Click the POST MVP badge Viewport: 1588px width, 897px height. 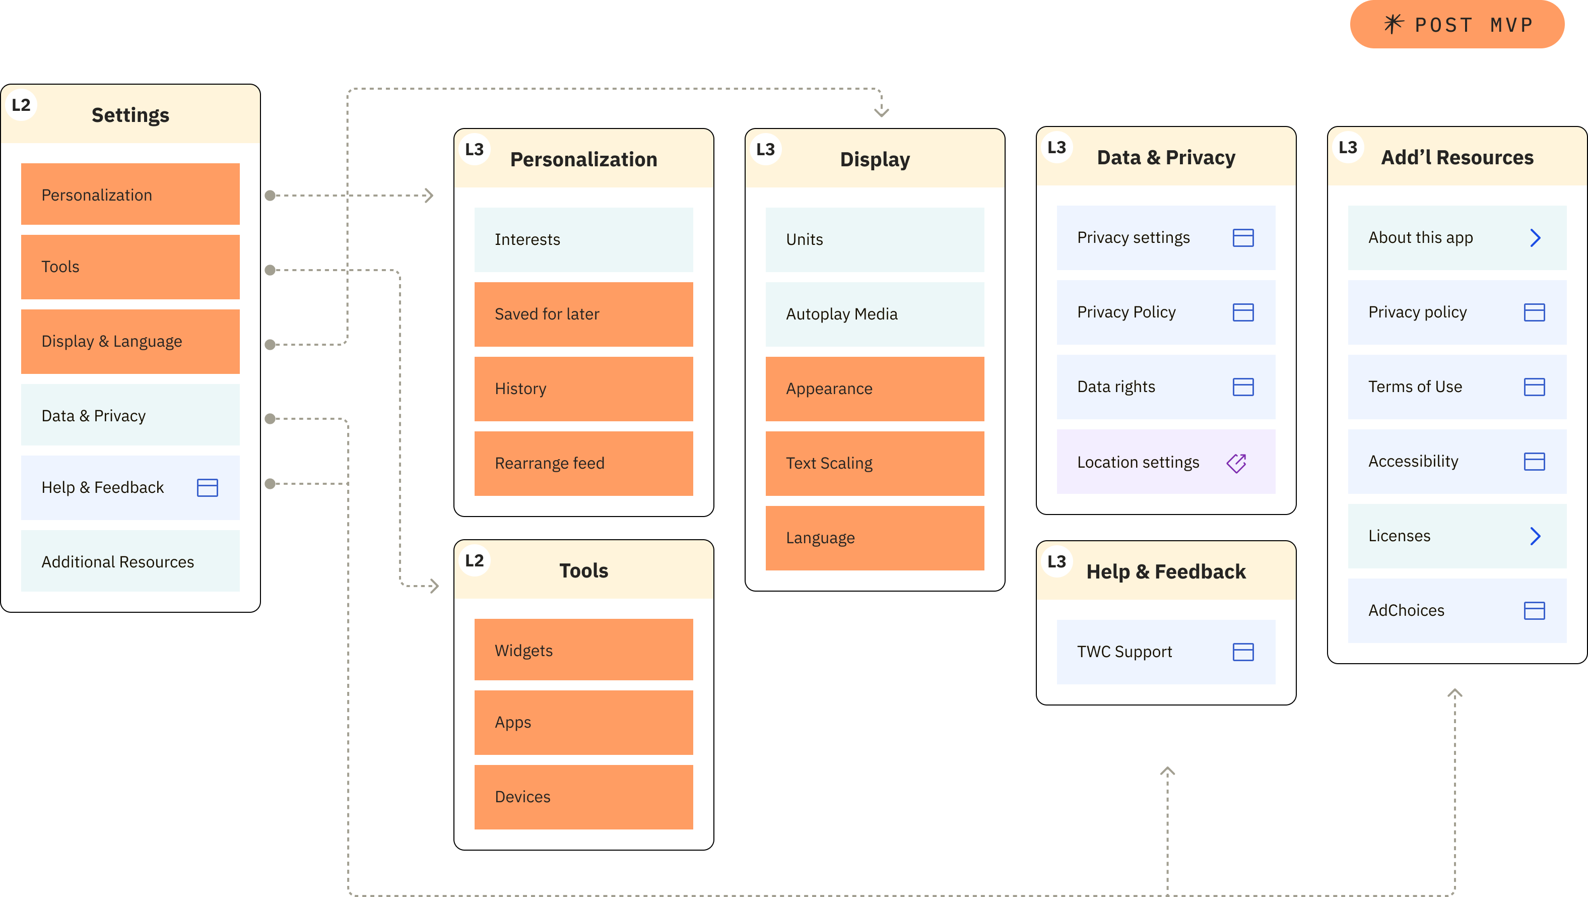tap(1457, 25)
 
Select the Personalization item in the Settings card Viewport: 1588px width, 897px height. tap(130, 195)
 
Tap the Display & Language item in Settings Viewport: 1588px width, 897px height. tap(130, 341)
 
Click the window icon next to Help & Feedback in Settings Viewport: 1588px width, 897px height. tap(207, 488)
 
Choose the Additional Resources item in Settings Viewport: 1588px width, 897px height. tap(130, 561)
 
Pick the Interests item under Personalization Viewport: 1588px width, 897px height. tap(583, 239)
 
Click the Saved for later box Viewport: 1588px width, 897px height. tap(583, 314)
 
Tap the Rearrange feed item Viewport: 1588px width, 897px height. tap(583, 463)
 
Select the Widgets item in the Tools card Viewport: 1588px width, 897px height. tap(583, 651)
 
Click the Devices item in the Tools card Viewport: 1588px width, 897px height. tap(583, 797)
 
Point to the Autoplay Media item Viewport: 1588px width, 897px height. tap(874, 314)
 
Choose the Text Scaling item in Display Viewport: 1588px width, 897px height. tap(874, 463)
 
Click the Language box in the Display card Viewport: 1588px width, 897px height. tap(874, 538)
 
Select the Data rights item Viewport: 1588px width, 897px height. tap(1165, 387)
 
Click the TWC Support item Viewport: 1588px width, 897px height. tap(1165, 652)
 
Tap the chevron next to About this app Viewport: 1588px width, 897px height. tap(1535, 238)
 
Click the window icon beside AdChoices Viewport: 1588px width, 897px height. tap(1534, 610)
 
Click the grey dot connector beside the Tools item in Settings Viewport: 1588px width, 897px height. tap(270, 270)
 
